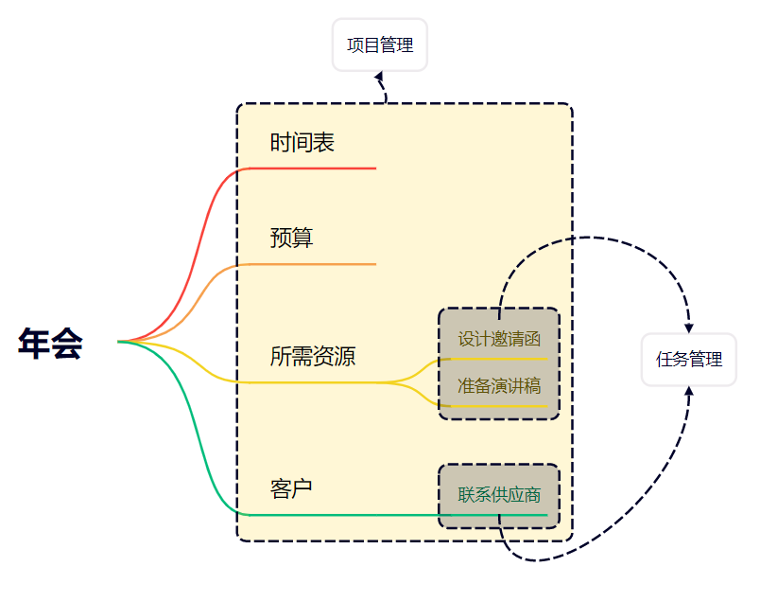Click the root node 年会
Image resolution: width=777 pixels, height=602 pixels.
[x=50, y=343]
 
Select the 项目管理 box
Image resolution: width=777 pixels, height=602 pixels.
[x=380, y=44]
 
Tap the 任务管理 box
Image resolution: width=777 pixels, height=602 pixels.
[x=688, y=360]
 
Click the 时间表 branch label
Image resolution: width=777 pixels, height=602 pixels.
[x=302, y=143]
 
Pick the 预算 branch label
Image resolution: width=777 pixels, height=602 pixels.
[x=291, y=239]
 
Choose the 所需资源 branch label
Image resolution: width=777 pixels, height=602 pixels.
[x=313, y=357]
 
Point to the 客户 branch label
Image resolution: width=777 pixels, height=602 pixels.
[x=291, y=489]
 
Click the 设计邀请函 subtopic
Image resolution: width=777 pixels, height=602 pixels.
[x=499, y=339]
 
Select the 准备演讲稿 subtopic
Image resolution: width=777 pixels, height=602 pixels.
[x=499, y=386]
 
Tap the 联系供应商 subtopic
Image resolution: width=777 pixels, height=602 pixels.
[x=499, y=495]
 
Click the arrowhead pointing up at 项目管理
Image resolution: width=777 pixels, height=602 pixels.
[x=380, y=76]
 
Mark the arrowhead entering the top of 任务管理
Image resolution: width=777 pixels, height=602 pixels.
[x=688, y=326]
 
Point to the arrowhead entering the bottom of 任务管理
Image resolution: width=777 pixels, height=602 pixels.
[x=688, y=391]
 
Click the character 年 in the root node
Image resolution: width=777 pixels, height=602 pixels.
[x=34, y=343]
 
